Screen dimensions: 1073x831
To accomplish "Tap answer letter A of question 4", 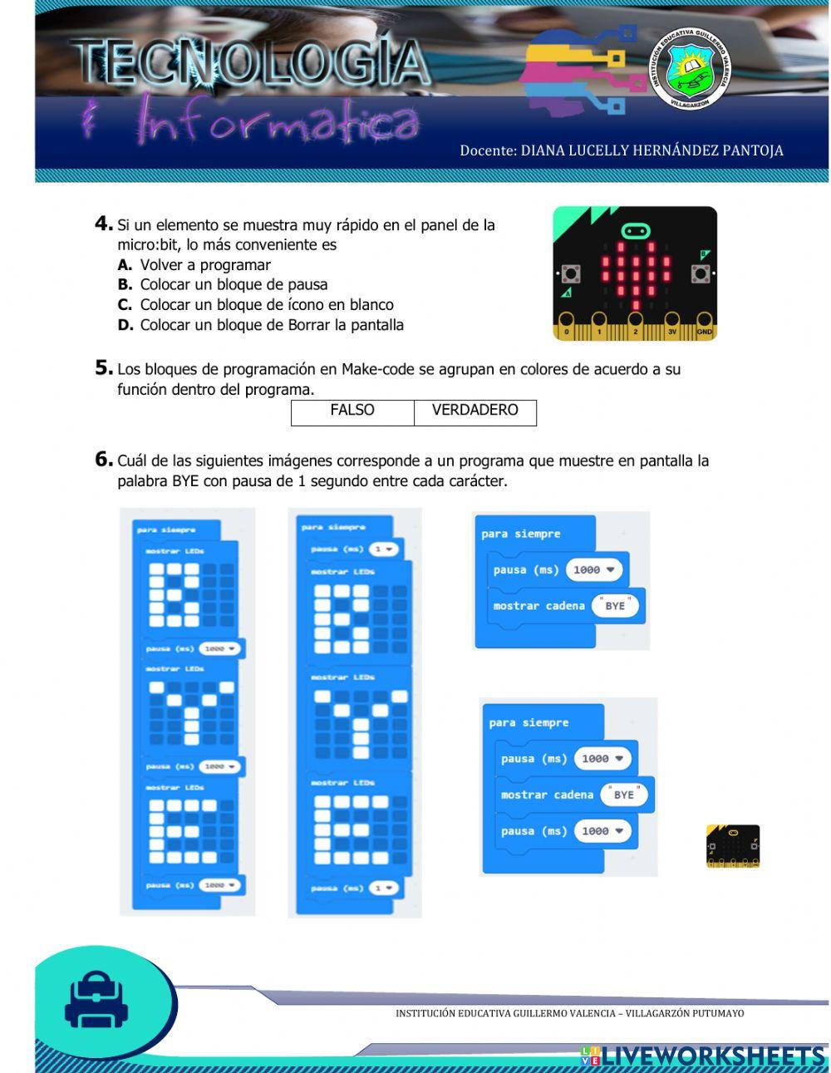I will coord(125,265).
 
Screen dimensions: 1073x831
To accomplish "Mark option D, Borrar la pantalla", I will coord(261,325).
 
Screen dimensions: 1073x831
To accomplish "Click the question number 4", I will coord(103,224).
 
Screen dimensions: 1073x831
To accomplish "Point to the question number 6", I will coord(103,459).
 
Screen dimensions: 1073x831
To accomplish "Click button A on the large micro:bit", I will coord(571,273).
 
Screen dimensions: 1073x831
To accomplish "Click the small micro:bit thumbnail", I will coord(733,846).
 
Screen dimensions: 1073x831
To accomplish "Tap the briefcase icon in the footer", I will coord(97,1000).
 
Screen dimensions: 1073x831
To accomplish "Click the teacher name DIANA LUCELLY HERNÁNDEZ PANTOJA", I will coord(621,150).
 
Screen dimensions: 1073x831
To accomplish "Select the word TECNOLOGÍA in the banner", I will coord(252,64).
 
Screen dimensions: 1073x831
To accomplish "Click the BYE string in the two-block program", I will coord(615,606).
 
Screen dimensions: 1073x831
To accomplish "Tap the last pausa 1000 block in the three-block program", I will coord(565,831).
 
